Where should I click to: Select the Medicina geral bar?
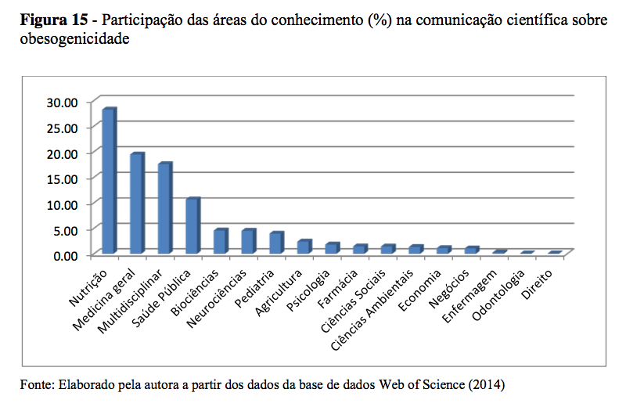[136, 203]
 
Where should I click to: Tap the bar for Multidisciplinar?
[164, 208]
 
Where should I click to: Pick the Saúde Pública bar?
[192, 226]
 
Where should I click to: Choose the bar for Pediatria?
[275, 243]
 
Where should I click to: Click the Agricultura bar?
[304, 247]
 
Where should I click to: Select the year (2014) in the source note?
[487, 385]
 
